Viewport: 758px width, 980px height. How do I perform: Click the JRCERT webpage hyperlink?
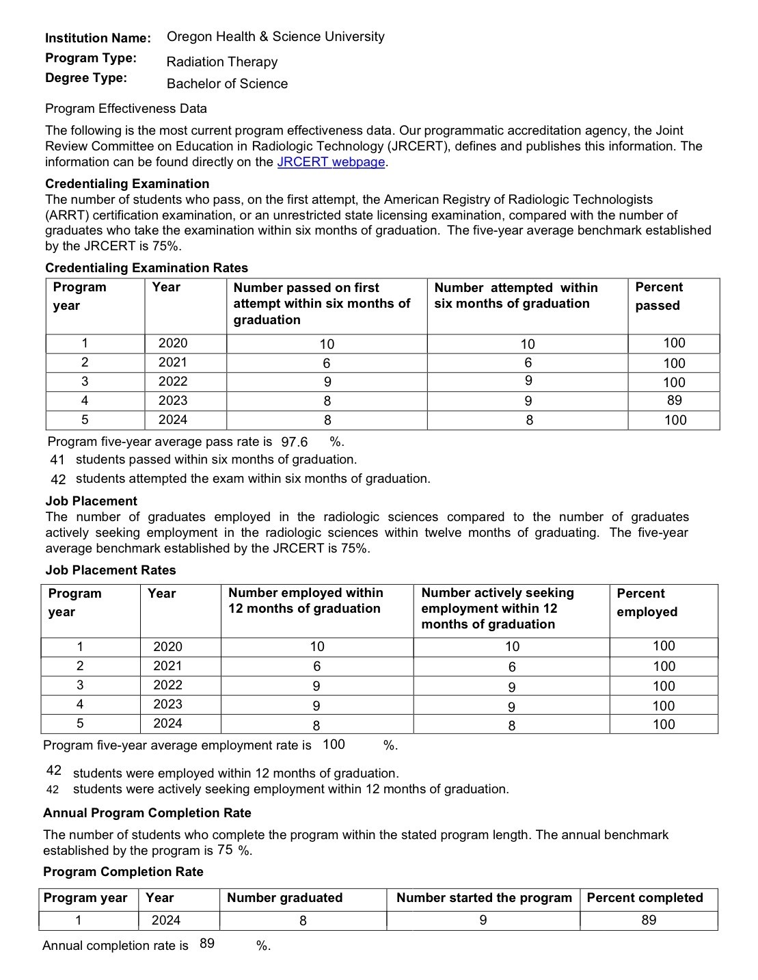[331, 162]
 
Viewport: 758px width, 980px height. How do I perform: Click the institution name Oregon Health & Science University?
[275, 37]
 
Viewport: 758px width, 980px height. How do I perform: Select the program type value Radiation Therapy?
[222, 62]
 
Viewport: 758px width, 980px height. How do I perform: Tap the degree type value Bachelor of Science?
[227, 84]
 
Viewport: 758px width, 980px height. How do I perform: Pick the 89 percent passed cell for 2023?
[674, 401]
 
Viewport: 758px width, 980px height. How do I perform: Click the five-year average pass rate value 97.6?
[295, 442]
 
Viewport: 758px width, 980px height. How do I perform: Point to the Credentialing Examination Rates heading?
[146, 268]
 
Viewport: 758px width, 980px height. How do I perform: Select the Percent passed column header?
[658, 296]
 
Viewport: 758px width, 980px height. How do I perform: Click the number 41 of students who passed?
[57, 460]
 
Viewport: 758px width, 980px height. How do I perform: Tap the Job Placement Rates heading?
[111, 570]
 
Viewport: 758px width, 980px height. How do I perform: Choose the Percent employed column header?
[647, 602]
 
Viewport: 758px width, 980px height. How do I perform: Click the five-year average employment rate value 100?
[334, 745]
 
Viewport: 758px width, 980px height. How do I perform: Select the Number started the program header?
[483, 898]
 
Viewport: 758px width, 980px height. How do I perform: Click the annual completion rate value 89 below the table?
[207, 944]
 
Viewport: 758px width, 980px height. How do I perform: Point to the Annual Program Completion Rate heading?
[147, 813]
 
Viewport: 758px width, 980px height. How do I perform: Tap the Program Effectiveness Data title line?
[126, 109]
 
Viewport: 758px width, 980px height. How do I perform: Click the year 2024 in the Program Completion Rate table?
[165, 921]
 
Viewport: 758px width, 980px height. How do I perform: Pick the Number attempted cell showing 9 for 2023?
[527, 401]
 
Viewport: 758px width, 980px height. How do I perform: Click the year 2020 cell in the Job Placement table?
[167, 647]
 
